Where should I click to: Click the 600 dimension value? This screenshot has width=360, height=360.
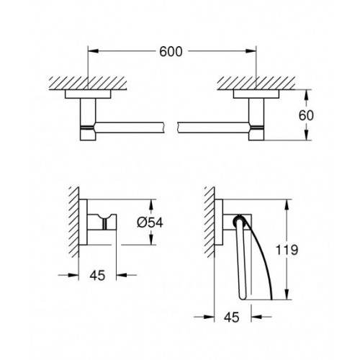[x=171, y=52]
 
